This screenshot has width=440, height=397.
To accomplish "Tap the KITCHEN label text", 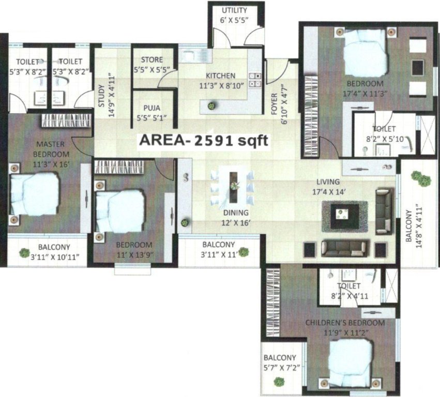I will pos(220,75).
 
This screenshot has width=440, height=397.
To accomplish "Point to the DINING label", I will pos(236,212).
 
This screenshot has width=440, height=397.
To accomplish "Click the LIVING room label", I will pos(329,182).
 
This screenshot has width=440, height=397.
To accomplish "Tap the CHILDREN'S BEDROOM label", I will pos(345,323).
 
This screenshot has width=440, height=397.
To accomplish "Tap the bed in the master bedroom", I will pos(34,195).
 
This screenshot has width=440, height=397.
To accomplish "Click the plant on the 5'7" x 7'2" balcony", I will pos(279,383).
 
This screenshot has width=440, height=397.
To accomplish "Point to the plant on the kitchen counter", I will pos(211,106).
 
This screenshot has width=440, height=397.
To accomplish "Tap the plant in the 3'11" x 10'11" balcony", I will pos(24,253).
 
